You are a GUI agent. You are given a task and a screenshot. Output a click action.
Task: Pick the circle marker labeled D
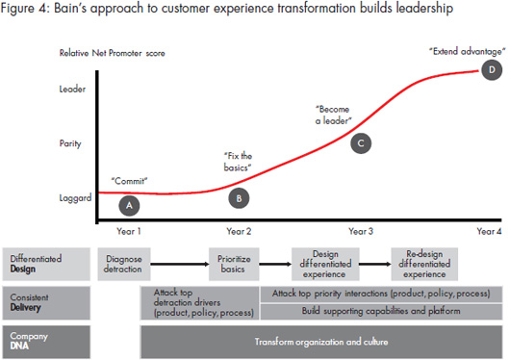pos(493,69)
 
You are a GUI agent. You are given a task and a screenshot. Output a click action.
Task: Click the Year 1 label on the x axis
pos(129,232)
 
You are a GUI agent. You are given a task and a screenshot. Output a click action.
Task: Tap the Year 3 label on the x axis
pos(361,232)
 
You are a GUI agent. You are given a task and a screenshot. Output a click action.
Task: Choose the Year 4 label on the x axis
pos(491,232)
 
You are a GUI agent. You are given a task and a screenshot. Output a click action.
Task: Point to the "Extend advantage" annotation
pos(461,49)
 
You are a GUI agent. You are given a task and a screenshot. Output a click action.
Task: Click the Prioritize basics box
pos(235,265)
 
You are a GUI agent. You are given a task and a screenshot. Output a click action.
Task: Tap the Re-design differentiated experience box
pos(429,265)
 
